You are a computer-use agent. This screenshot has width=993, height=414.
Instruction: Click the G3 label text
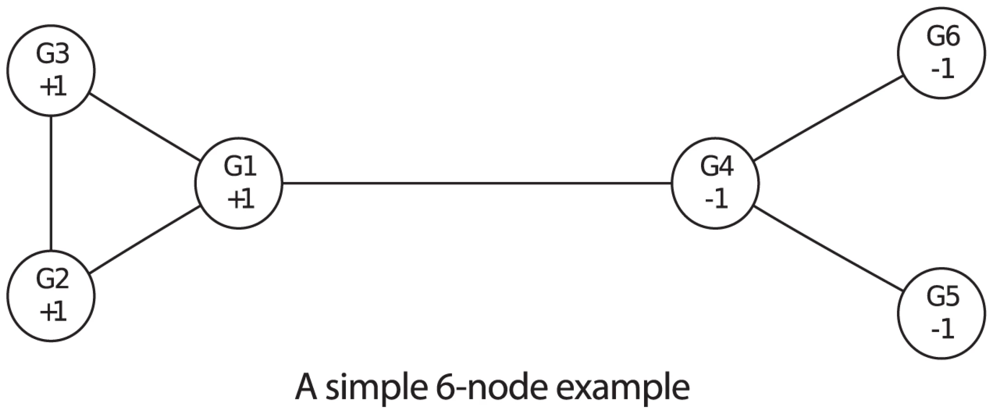pyautogui.click(x=52, y=54)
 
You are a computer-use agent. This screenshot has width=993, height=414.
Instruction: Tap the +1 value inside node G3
pyautogui.click(x=53, y=87)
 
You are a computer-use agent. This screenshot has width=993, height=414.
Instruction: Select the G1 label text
pyautogui.click(x=240, y=166)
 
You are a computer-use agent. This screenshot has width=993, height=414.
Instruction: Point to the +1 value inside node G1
pyautogui.click(x=241, y=199)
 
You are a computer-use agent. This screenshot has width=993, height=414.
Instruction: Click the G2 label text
pyautogui.click(x=52, y=279)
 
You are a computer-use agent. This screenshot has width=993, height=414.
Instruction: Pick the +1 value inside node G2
pyautogui.click(x=53, y=312)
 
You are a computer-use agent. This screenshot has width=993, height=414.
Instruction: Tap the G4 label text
pyautogui.click(x=717, y=166)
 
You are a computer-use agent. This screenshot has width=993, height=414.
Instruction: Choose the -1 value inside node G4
pyautogui.click(x=716, y=199)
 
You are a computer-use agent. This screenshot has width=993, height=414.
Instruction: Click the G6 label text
pyautogui.click(x=943, y=36)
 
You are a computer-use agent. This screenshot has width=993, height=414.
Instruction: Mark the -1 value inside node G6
pyautogui.click(x=942, y=69)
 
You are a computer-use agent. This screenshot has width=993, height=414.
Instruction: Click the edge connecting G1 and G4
pyautogui.click(x=477, y=183)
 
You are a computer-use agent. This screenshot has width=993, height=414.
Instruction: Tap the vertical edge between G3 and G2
pyautogui.click(x=51, y=183)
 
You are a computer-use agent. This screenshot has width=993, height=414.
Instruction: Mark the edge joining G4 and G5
pyautogui.click(x=828, y=248)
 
